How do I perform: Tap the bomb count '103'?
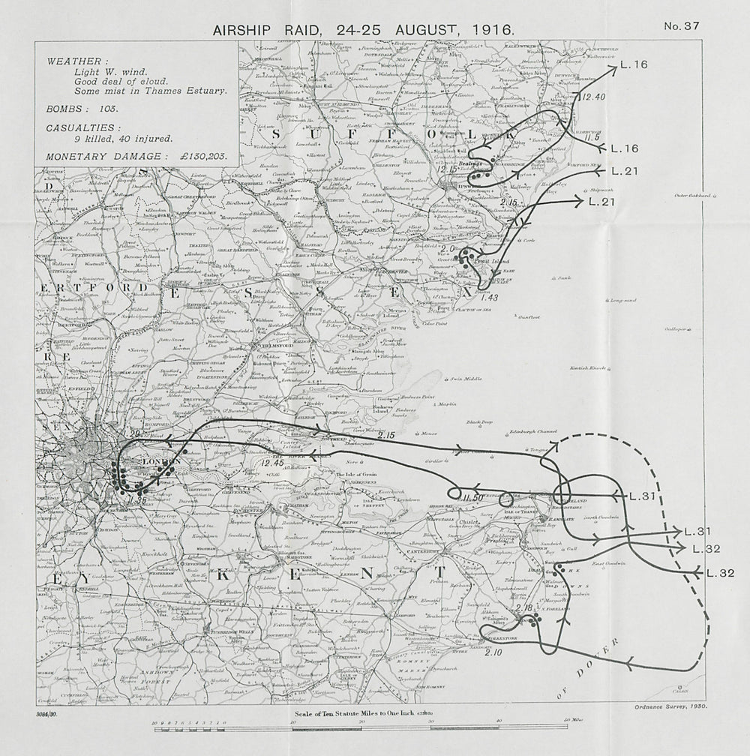pos(109,109)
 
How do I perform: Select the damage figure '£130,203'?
pos(202,156)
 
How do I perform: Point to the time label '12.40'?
pos(592,96)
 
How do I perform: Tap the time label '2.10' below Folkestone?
pos(493,652)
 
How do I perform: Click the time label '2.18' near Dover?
pos(524,608)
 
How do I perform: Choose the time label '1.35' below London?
pos(137,499)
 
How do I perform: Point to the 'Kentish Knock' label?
pos(588,367)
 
